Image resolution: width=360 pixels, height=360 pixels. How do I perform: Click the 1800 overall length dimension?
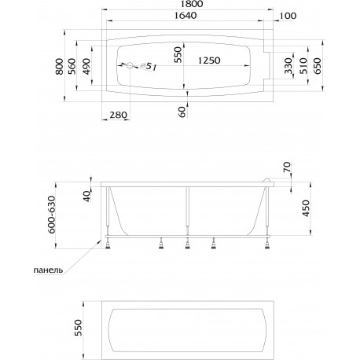(x=191, y=4)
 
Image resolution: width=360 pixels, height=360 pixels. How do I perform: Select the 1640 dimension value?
(x=186, y=16)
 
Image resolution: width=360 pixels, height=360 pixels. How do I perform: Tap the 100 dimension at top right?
(x=288, y=16)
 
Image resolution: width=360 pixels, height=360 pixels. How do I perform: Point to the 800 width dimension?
(x=60, y=66)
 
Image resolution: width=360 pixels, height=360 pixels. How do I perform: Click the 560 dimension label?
(x=72, y=66)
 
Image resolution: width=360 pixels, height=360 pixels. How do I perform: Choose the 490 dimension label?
(x=86, y=66)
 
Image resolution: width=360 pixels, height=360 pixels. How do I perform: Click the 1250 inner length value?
(x=209, y=61)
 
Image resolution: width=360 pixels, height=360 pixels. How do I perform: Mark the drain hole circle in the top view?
(x=130, y=65)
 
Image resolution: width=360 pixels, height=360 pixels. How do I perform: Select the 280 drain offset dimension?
(x=118, y=115)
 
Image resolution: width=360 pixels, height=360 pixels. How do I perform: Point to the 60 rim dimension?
(x=182, y=112)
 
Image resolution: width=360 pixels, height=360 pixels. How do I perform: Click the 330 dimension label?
(x=288, y=66)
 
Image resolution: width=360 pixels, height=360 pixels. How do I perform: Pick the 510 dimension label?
(x=303, y=66)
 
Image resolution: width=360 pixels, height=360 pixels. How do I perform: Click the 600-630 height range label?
(x=52, y=215)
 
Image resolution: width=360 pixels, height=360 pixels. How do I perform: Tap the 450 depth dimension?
(x=306, y=208)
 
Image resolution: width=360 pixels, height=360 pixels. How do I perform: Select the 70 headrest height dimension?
(x=287, y=167)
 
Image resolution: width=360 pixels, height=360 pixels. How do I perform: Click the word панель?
(x=48, y=270)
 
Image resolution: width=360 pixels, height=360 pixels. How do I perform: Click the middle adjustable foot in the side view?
(x=187, y=244)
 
